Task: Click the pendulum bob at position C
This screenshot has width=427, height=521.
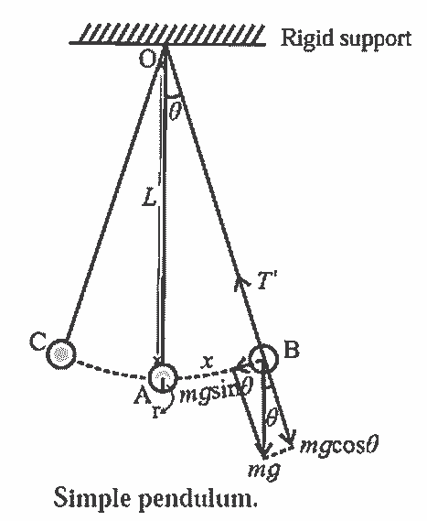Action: [x=61, y=353]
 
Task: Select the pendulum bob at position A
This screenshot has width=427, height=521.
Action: [x=162, y=377]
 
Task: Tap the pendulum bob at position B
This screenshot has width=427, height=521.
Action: [x=263, y=359]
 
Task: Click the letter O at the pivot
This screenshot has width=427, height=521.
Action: [x=147, y=60]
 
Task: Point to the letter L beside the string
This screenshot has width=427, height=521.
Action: [x=149, y=199]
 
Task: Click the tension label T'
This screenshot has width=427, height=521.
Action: [x=267, y=280]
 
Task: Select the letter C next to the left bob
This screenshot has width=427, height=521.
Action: [x=37, y=342]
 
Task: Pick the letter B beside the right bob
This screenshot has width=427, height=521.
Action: [x=292, y=349]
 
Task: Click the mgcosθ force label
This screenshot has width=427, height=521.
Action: [x=338, y=446]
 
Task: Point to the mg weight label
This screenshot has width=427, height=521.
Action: [x=264, y=470]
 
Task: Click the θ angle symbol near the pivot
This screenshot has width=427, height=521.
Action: [x=175, y=111]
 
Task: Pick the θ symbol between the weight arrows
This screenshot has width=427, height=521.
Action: [x=271, y=418]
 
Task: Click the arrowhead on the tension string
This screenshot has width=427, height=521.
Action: [x=240, y=285]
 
